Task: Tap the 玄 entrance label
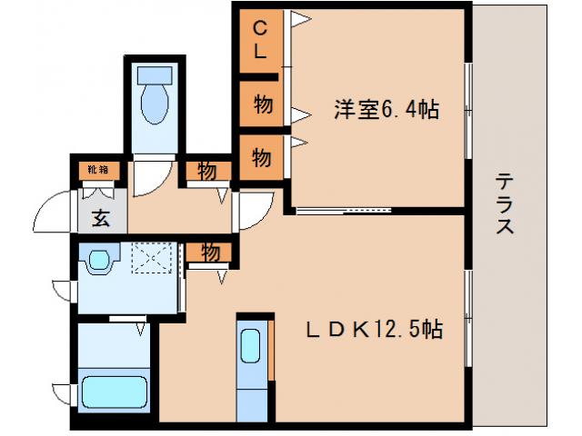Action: tap(98, 218)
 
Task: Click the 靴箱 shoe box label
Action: tap(97, 169)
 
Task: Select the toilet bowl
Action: tap(154, 104)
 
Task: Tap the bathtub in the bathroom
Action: tap(115, 393)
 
